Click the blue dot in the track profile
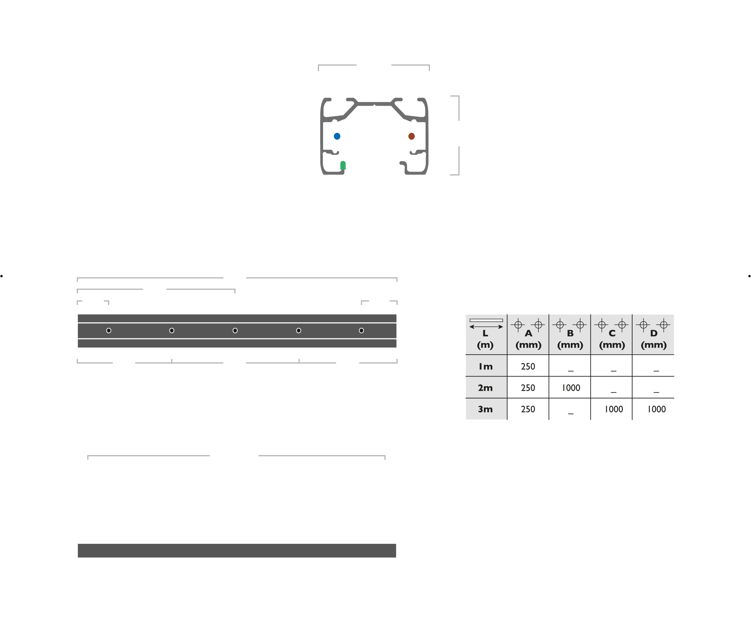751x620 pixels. (x=337, y=136)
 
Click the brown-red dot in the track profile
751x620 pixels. (x=412, y=136)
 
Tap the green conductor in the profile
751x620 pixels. (x=343, y=166)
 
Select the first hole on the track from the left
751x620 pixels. (x=108, y=331)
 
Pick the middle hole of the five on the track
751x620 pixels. (x=235, y=331)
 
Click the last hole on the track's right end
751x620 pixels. (x=361, y=331)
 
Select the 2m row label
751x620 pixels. (x=485, y=388)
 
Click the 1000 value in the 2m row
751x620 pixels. (x=571, y=388)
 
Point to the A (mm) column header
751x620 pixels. (x=528, y=339)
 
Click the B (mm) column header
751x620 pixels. (x=570, y=339)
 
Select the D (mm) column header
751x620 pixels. (x=654, y=339)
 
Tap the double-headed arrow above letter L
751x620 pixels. (x=486, y=327)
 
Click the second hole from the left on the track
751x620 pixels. (x=172, y=331)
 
